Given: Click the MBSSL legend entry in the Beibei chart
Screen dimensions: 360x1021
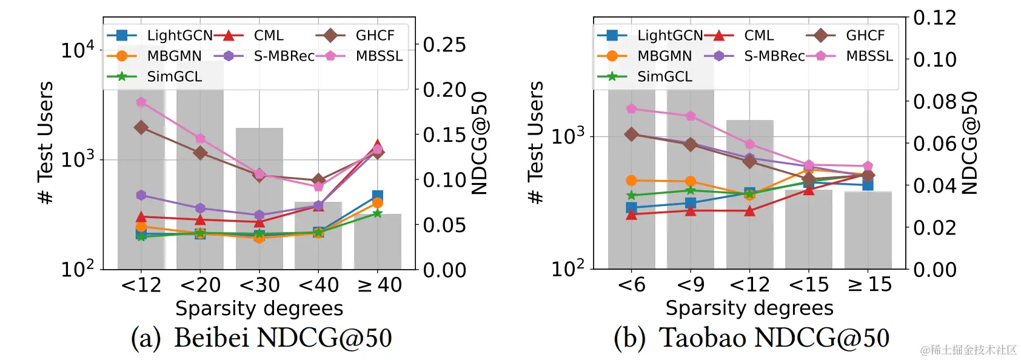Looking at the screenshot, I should (x=364, y=56).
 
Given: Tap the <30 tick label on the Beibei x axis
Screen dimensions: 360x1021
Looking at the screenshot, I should (x=259, y=285).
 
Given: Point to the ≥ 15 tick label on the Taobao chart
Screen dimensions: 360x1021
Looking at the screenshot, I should (x=869, y=284).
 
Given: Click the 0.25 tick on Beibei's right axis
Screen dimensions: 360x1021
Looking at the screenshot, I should (x=444, y=45).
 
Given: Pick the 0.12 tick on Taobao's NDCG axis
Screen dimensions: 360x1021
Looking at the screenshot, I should (x=934, y=18).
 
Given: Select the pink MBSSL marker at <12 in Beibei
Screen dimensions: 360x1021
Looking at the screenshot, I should (x=141, y=102).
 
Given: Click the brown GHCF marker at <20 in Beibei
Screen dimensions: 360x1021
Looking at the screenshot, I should (x=200, y=153).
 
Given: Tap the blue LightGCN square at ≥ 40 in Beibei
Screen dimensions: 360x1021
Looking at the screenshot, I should (x=377, y=196).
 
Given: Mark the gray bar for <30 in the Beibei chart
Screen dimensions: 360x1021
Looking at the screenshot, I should (x=259, y=200).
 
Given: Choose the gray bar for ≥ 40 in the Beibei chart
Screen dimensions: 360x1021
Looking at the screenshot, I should (x=377, y=242).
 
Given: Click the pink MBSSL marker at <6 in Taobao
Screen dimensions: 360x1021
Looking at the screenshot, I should (x=631, y=109).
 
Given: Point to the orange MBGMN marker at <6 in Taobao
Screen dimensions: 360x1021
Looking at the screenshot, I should (x=631, y=181).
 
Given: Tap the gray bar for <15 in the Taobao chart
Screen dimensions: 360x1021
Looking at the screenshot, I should (x=809, y=230).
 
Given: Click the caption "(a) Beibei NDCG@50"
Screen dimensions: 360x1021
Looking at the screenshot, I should (x=261, y=338).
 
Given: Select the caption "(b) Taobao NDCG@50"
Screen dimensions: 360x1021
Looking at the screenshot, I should (x=751, y=338).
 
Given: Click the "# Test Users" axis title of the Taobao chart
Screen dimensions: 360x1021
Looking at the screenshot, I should (x=536, y=142).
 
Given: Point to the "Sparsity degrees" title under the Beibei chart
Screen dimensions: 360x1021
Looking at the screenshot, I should (x=259, y=308).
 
